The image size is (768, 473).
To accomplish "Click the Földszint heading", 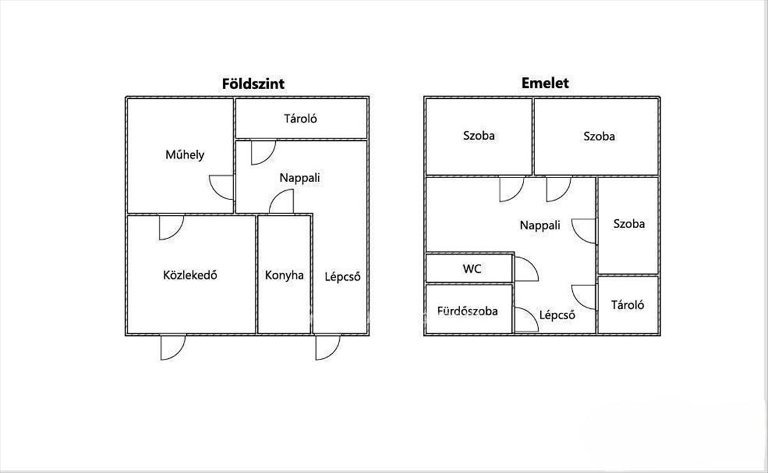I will tap(253, 84).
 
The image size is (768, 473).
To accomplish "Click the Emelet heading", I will tap(545, 83).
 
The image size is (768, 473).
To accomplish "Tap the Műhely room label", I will tap(185, 154).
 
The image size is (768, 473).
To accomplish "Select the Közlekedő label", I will tap(191, 276).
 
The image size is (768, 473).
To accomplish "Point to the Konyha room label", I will tap(284, 276).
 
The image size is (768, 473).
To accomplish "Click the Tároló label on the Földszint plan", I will tap(301, 119).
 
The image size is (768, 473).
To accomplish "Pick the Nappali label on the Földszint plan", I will tap(300, 178).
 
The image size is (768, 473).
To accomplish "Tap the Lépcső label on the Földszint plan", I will tap(343, 277).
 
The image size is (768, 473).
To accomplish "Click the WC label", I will tap(472, 269).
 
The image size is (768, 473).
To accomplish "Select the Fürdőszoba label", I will tap(467, 311).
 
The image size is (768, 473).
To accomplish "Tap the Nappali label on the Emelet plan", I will tap(540, 225).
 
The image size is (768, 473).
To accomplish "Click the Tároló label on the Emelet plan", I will tap(628, 304).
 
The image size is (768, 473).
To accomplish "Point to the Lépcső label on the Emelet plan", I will tap(557, 315).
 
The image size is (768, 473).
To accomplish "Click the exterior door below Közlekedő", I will tap(172, 346).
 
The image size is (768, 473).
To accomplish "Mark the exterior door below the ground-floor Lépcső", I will tap(327, 346).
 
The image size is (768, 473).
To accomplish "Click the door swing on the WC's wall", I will tap(525, 269).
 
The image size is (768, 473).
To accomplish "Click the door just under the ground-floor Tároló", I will tap(262, 152).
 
